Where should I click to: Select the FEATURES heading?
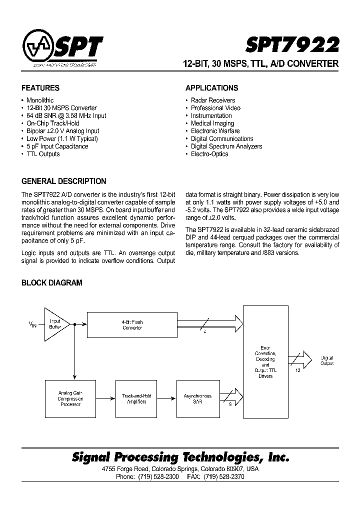(x=40, y=88)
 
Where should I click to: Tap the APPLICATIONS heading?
(x=211, y=88)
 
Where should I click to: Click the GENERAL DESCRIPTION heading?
(x=63, y=181)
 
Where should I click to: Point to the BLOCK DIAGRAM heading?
(x=51, y=283)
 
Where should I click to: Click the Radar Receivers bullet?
(x=212, y=100)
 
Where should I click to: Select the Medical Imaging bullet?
(x=212, y=123)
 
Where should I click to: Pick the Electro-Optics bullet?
(x=209, y=154)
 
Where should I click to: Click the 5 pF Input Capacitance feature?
(x=57, y=146)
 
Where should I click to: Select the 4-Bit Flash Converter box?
(x=132, y=325)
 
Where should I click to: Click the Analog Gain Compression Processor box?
(x=70, y=398)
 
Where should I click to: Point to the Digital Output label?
(x=327, y=360)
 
